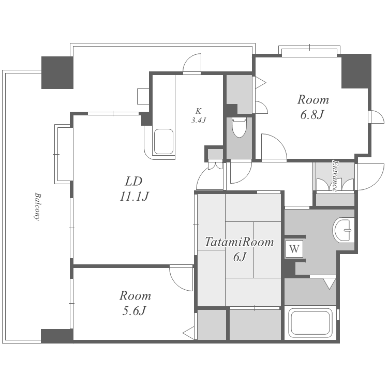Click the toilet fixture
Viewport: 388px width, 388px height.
[x=239, y=127]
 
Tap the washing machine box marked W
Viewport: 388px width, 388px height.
[x=294, y=249]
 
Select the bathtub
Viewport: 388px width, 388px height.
[x=310, y=323]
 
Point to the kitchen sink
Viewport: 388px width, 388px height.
[x=163, y=142]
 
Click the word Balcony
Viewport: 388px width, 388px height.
[x=37, y=206]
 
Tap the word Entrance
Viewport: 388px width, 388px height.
[x=335, y=176]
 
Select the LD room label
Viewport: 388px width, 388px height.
[x=133, y=182]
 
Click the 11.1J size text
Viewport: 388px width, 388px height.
[x=134, y=197]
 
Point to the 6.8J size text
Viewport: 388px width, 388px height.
[x=312, y=114]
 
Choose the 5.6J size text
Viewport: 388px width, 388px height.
[x=133, y=310]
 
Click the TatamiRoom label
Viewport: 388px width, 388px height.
[x=239, y=242]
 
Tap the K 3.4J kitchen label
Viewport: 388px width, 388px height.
[x=198, y=115]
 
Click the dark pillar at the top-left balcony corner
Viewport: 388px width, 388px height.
[x=57, y=72]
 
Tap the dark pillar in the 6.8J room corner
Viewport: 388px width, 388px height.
[x=356, y=71]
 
